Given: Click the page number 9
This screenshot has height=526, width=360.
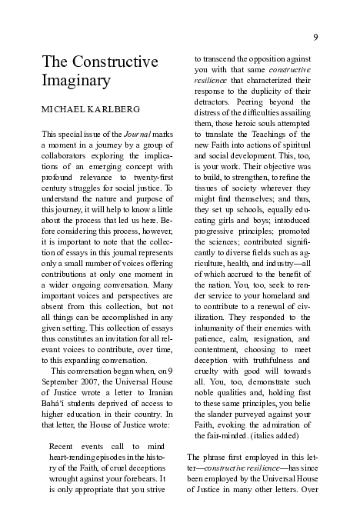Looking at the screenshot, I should coord(315,38).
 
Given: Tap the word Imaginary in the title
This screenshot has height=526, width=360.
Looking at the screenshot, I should coord(76,79).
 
